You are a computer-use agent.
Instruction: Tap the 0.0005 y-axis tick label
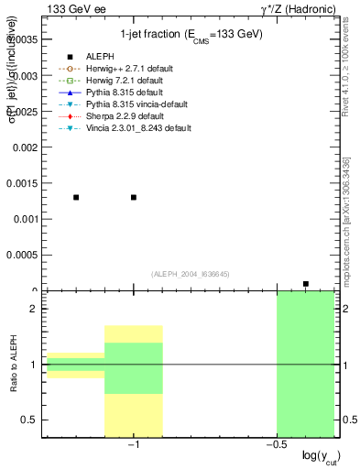coord(22,256)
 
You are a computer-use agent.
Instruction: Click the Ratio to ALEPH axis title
coord(13,364)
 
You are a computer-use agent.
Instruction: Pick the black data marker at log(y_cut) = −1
coord(134,197)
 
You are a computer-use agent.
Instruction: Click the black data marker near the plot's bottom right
coord(305,284)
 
